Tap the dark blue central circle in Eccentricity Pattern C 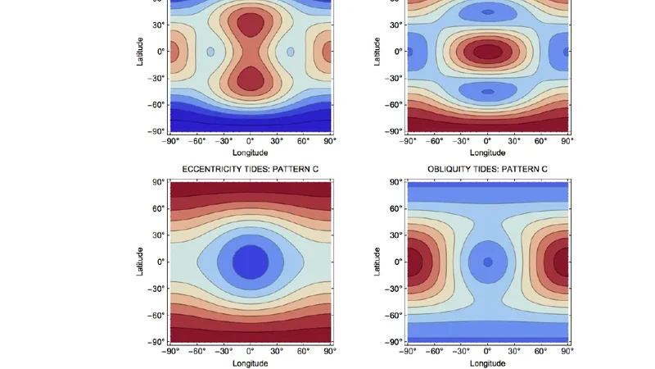click(x=251, y=262)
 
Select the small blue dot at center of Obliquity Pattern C click(x=488, y=262)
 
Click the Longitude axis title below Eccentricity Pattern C click(x=251, y=363)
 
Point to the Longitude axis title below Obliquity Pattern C click(x=488, y=363)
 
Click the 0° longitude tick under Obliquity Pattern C click(x=488, y=351)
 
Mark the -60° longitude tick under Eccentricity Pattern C click(x=197, y=351)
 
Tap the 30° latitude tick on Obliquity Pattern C click(x=395, y=235)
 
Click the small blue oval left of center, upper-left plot click(x=210, y=52)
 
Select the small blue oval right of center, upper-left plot click(x=291, y=52)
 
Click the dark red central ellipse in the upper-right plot click(x=488, y=51)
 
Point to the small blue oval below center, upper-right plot click(x=488, y=91)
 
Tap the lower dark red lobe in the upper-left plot click(x=251, y=79)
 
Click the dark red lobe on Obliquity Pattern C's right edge click(x=562, y=262)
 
